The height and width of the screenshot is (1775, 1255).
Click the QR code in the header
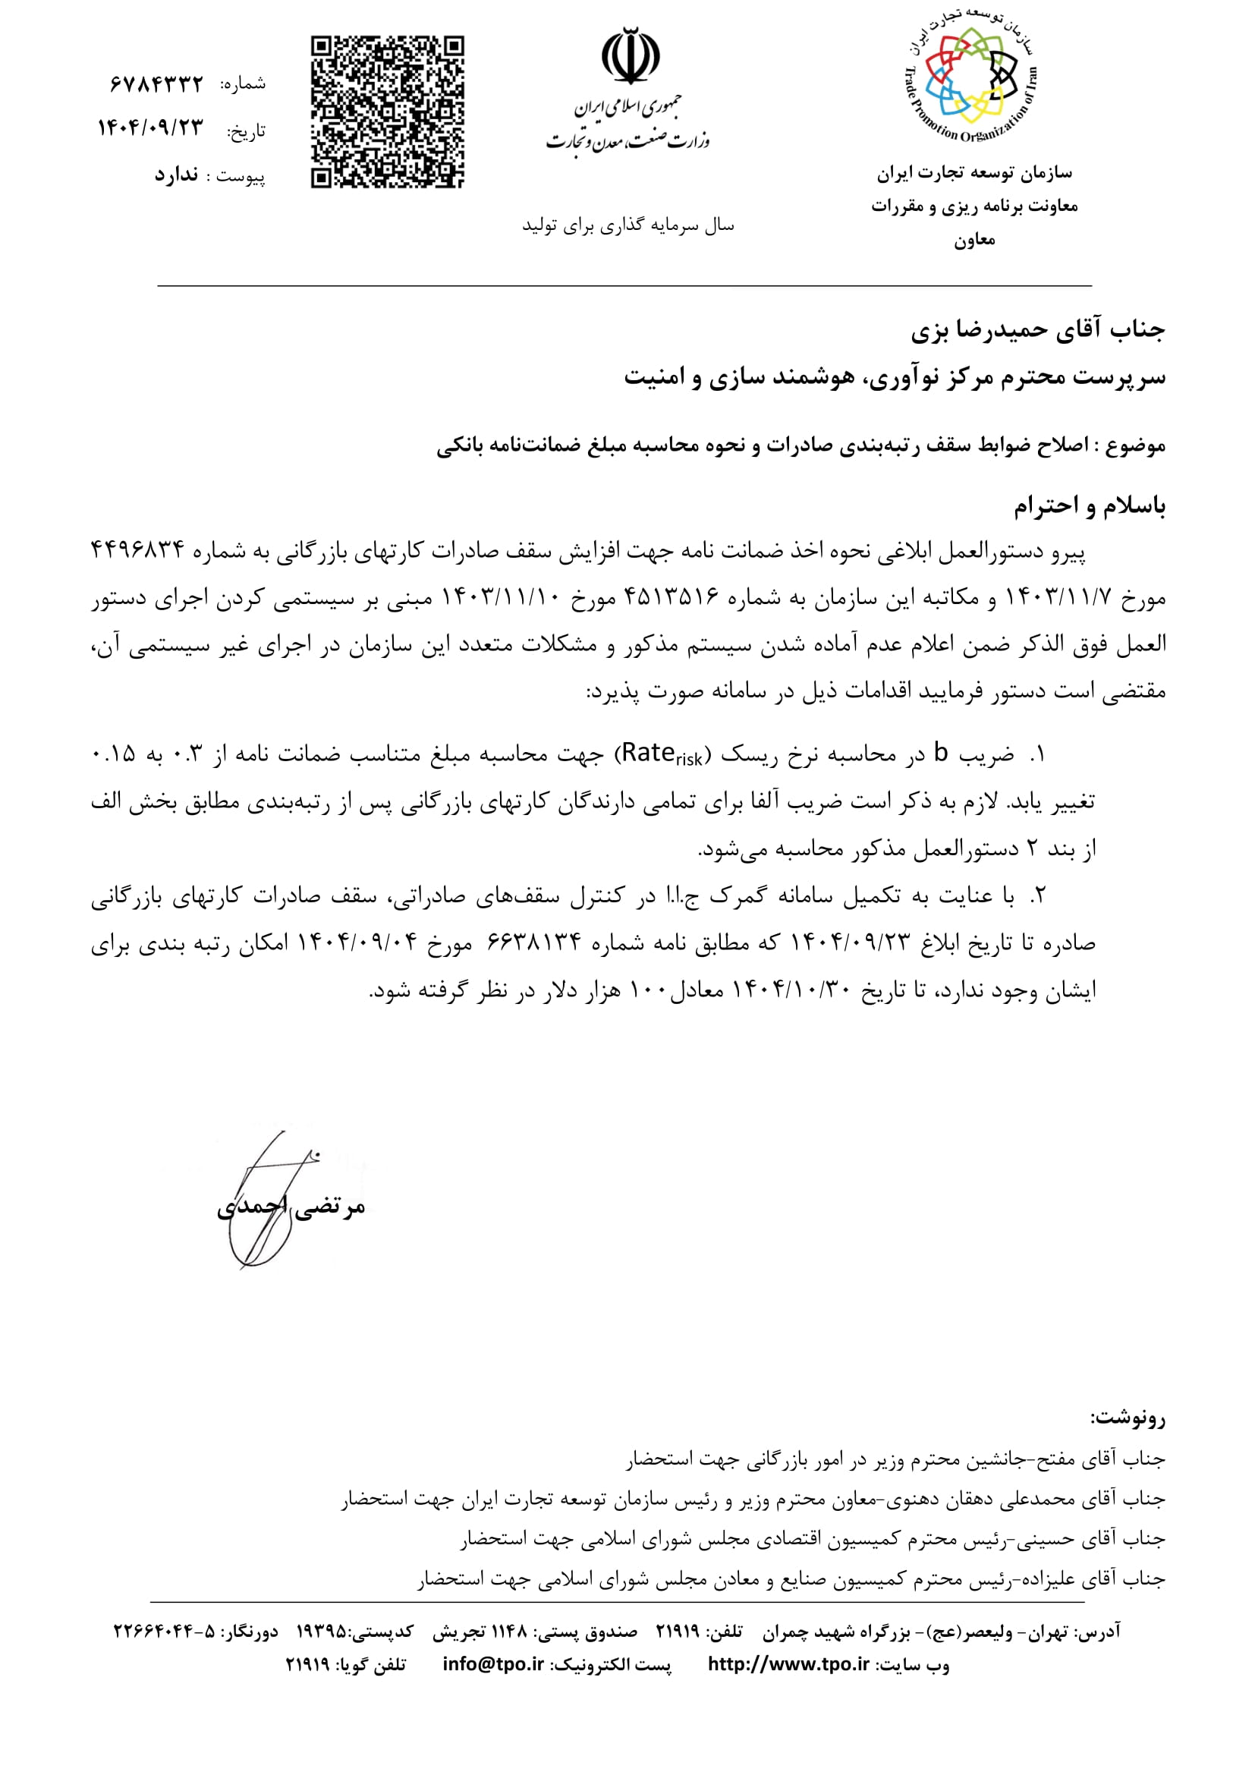[387, 112]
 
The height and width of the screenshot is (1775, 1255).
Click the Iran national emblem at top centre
[631, 55]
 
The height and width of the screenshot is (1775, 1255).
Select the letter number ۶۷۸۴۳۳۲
[157, 83]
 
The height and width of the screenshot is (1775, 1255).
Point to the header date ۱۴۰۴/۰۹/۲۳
[150, 128]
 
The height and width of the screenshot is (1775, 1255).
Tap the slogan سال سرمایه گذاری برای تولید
[627, 225]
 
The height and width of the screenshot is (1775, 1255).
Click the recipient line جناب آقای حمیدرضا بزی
[1037, 331]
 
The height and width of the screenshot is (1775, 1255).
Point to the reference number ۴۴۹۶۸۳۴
[137, 550]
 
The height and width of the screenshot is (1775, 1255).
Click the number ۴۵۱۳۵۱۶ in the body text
[671, 596]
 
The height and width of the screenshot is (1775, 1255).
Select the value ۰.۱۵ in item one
[113, 753]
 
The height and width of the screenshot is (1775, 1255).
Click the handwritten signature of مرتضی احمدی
[266, 1198]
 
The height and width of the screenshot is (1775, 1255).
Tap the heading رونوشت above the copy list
[1128, 1418]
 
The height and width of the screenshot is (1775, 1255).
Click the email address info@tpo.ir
[493, 1663]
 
